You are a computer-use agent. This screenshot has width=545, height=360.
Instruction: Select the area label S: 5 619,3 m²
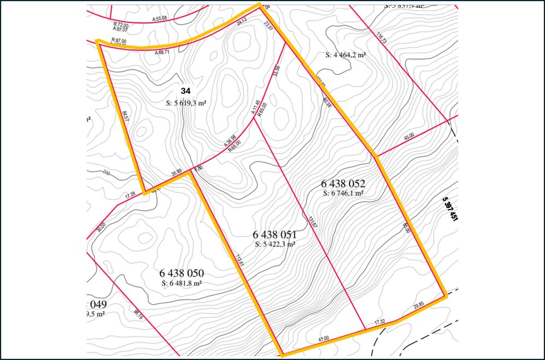[189, 102]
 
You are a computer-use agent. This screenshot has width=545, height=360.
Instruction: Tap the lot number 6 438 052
[343, 183]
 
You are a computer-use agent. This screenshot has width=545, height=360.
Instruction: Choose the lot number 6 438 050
[182, 273]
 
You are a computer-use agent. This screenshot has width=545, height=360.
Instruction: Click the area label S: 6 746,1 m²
[343, 193]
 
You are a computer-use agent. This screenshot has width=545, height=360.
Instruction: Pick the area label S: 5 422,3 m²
[275, 244]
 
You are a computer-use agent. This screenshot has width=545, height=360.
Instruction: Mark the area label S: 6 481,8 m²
[182, 283]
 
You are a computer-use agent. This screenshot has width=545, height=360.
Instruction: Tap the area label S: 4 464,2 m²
[345, 55]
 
